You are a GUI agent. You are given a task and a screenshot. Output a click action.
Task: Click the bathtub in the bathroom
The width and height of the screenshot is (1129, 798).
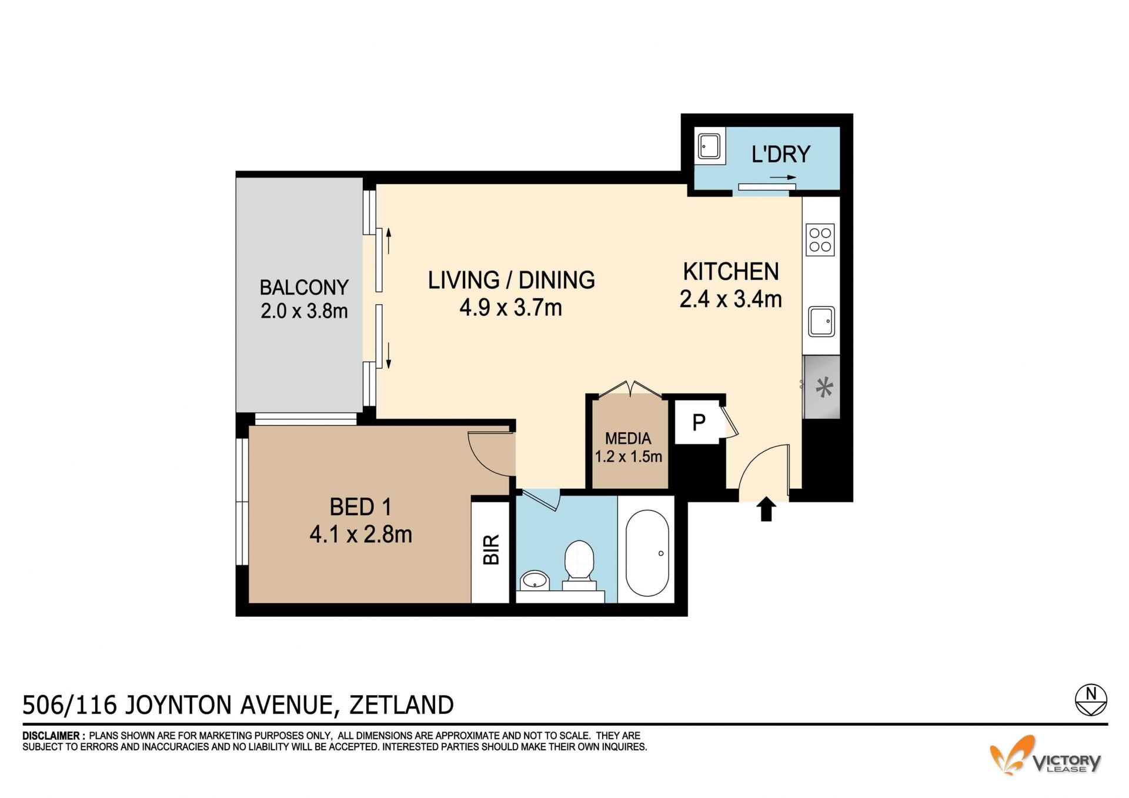647,553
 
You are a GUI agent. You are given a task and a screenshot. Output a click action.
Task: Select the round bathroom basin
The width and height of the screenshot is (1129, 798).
535,580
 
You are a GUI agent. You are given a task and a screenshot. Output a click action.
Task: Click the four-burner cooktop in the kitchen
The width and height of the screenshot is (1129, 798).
820,239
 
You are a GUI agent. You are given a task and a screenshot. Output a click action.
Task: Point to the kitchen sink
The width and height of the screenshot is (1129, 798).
821,321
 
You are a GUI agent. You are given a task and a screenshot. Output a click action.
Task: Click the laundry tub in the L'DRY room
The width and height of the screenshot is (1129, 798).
709,145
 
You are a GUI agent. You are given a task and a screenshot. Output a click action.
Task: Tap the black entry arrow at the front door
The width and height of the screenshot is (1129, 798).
766,509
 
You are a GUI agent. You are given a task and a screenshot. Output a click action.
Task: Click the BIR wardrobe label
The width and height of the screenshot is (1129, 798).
491,550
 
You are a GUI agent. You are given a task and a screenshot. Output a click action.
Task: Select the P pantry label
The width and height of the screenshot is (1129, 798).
699,422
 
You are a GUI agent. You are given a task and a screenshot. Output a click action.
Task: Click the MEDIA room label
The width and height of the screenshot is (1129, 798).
628,438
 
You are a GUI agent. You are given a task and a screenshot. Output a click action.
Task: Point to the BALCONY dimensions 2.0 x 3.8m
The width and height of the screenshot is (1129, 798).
304,310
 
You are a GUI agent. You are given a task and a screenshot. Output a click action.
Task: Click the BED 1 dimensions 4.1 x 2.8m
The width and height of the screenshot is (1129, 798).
360,534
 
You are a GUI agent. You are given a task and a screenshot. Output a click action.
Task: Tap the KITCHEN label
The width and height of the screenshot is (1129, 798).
731,272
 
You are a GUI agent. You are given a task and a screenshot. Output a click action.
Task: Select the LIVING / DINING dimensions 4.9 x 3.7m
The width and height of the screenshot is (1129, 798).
510,308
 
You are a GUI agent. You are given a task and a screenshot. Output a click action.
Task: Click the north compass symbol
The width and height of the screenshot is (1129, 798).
1091,700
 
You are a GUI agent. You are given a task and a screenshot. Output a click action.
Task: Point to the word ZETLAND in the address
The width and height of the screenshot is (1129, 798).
402,704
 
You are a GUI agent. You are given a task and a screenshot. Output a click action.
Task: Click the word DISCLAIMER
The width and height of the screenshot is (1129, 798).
51,736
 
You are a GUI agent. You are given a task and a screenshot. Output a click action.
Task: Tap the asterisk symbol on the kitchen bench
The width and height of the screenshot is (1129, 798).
824,387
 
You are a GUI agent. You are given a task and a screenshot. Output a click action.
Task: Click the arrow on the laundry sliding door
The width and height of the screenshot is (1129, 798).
783,177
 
